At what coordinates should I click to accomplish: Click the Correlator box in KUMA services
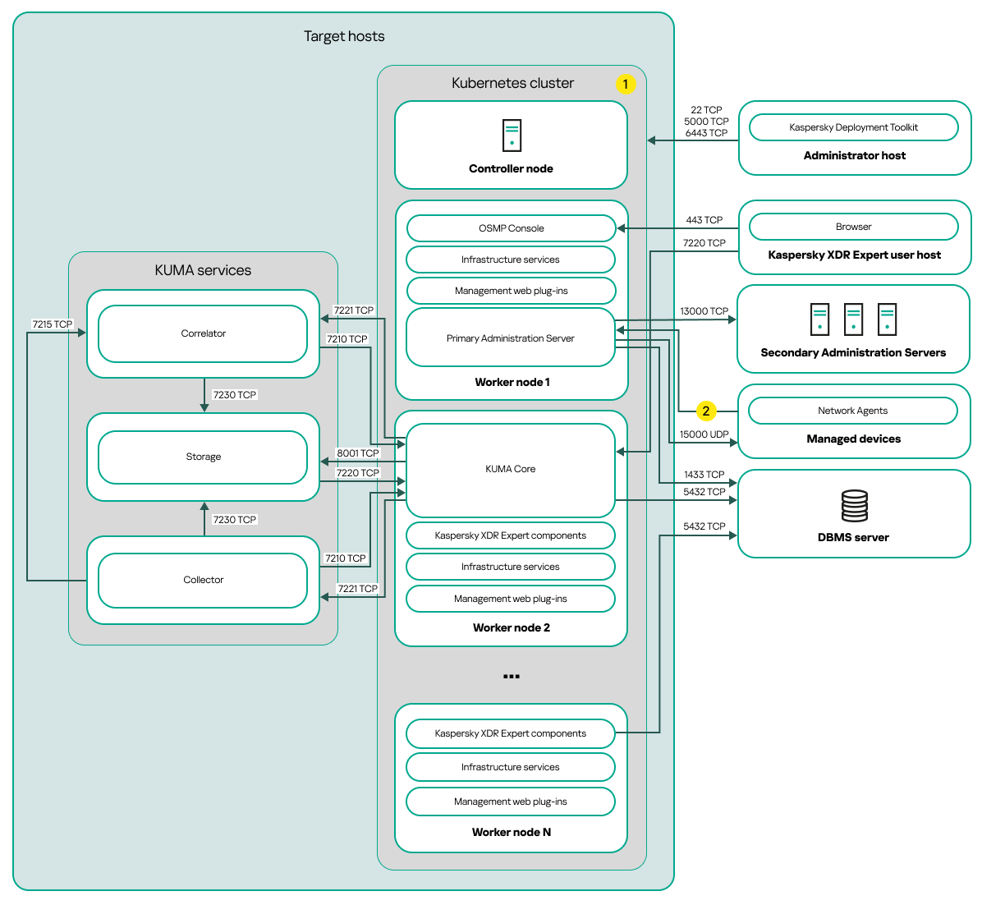click(x=203, y=333)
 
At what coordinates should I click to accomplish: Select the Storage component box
click(x=203, y=457)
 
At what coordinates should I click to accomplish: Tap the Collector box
click(x=203, y=580)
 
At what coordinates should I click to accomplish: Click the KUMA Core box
click(x=510, y=469)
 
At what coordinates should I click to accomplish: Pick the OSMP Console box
click(x=511, y=228)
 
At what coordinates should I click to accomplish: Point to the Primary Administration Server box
click(x=510, y=338)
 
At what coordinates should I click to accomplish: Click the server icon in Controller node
click(x=512, y=136)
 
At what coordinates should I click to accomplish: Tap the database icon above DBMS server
click(x=854, y=506)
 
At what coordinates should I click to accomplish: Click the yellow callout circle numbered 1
click(x=625, y=84)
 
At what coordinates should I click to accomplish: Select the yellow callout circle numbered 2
click(x=705, y=411)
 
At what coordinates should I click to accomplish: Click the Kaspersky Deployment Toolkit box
click(x=853, y=127)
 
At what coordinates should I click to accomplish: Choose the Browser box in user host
click(x=853, y=227)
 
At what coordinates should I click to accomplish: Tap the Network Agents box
click(x=852, y=411)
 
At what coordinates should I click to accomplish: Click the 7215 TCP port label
click(x=52, y=324)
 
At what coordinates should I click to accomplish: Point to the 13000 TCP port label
click(x=704, y=311)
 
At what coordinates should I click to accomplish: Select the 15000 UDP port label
click(x=704, y=434)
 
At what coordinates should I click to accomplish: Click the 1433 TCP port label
click(x=704, y=475)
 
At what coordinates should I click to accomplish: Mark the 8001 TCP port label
click(x=358, y=453)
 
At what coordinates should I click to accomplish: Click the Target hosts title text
click(x=344, y=36)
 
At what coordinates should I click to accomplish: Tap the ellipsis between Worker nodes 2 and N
click(x=511, y=676)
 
